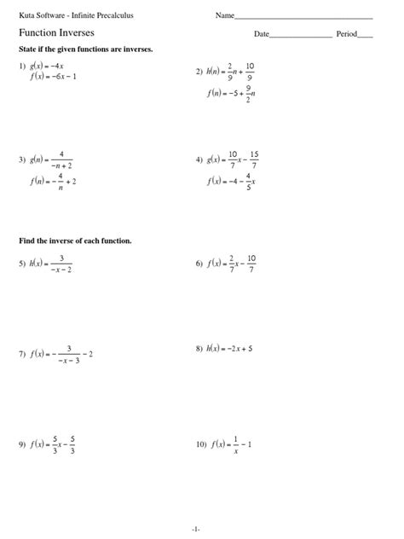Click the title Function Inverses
coord(58,32)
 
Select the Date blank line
coord(300,36)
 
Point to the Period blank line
coord(365,36)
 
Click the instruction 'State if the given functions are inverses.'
coord(85,49)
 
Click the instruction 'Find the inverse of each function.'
coord(75,241)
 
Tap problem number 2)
coord(199,72)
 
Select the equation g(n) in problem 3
coord(53,159)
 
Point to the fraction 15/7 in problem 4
coord(254,159)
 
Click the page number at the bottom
coord(196,529)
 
